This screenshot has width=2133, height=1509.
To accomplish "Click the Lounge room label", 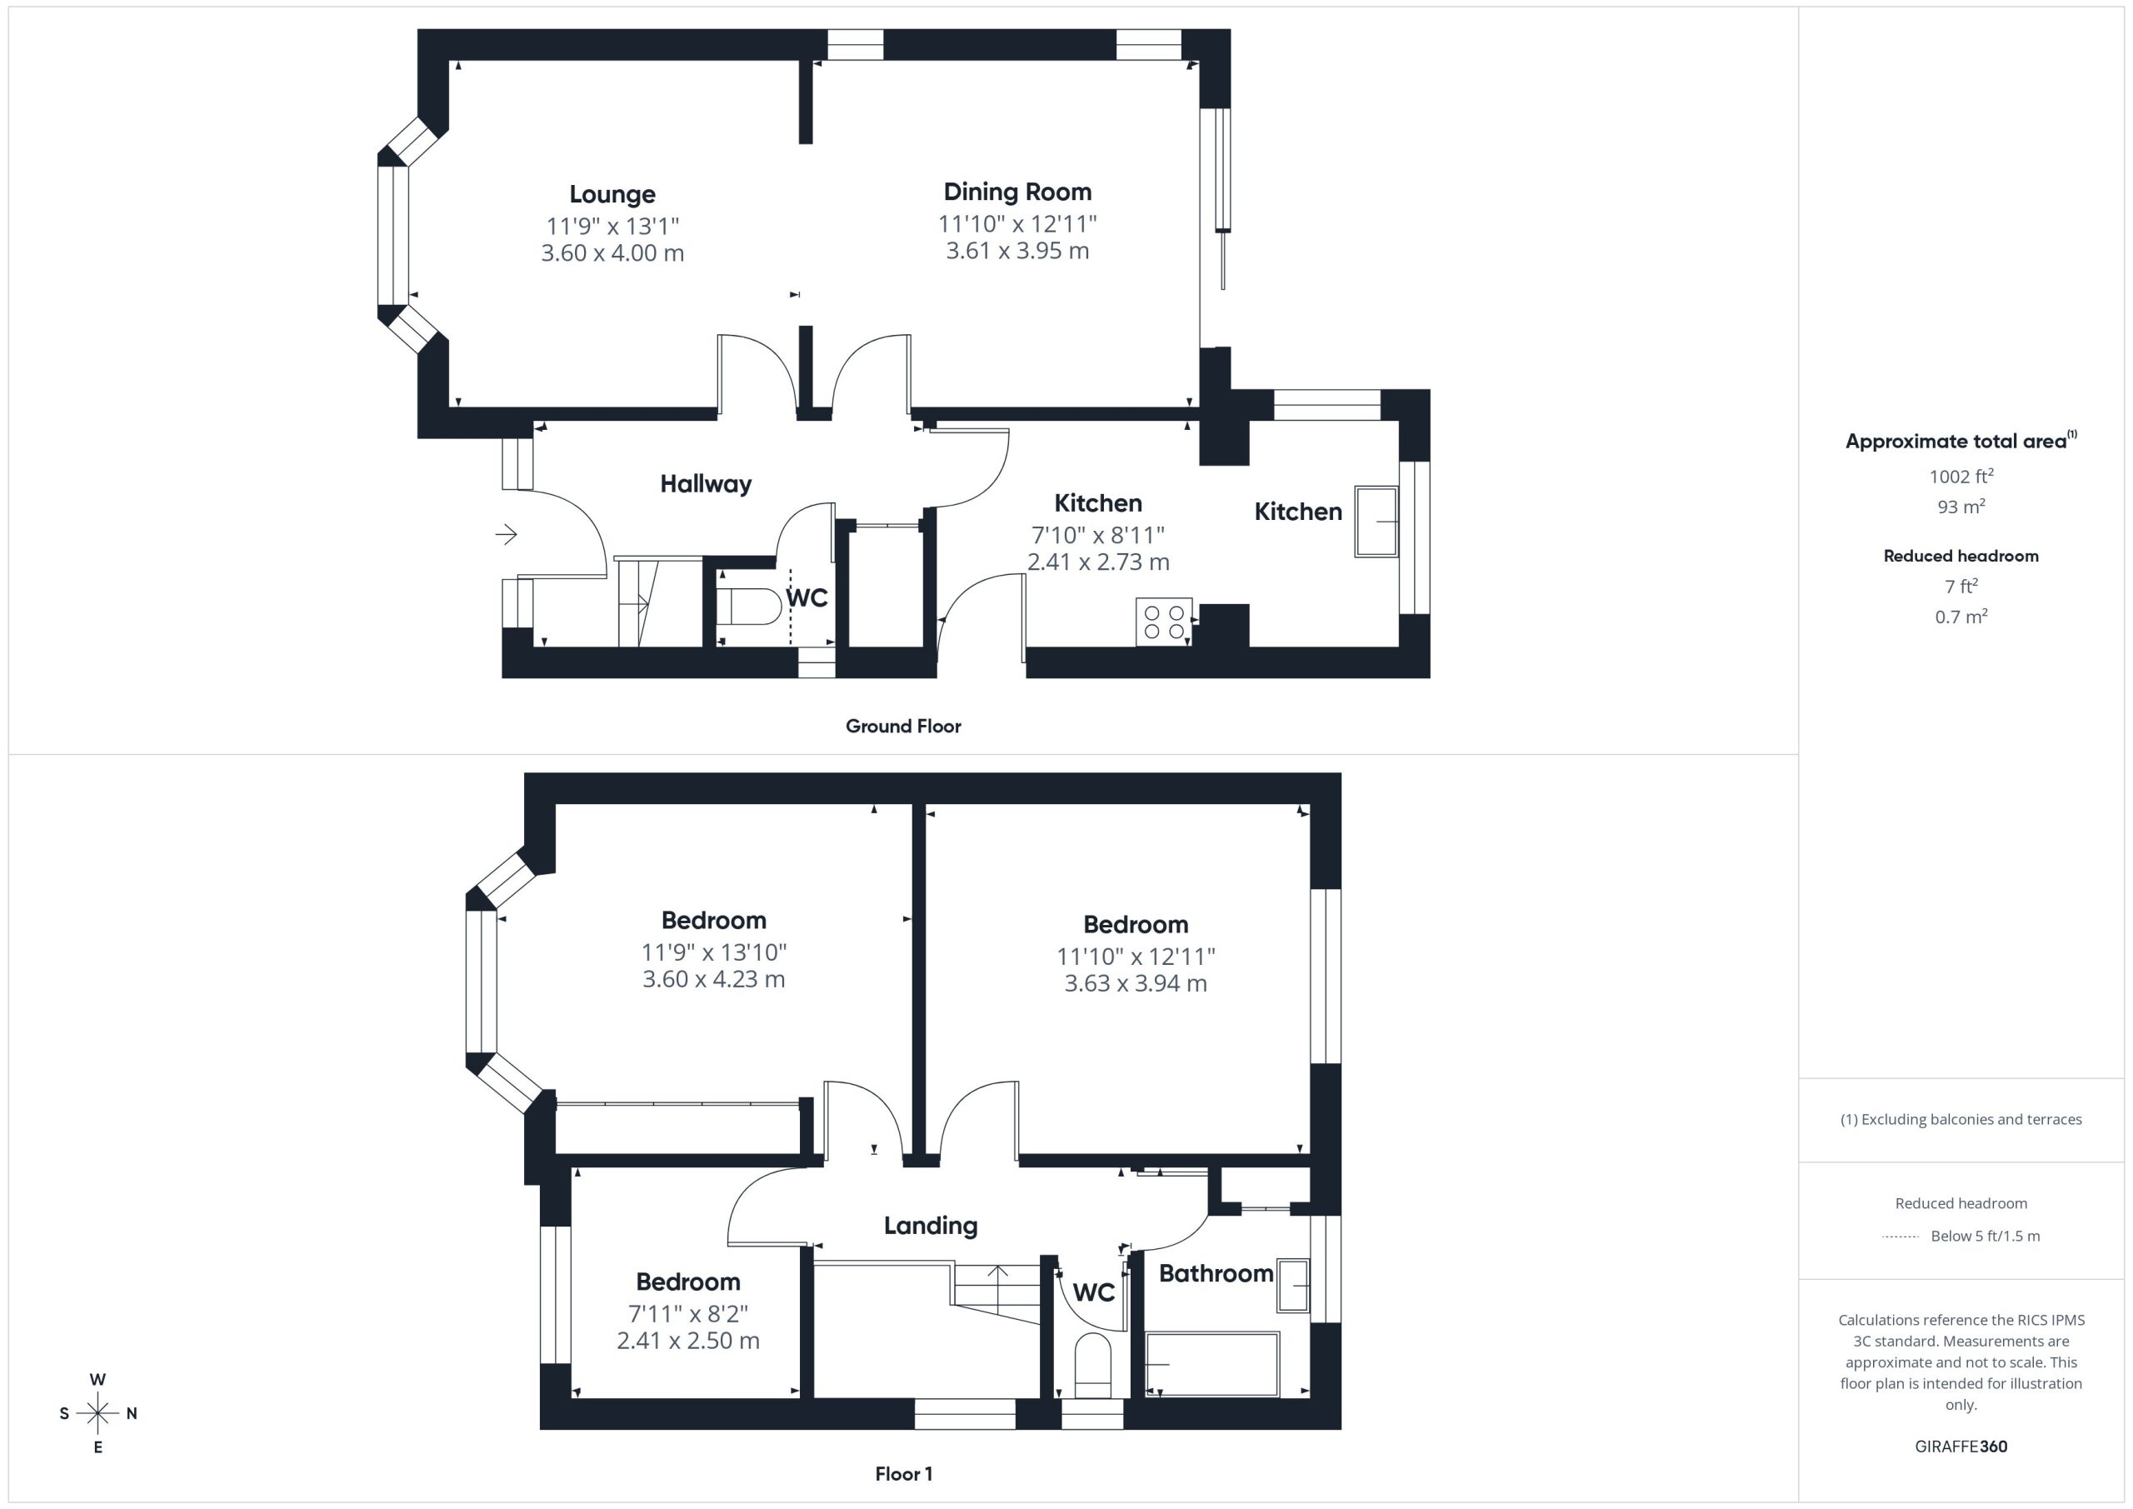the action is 612,194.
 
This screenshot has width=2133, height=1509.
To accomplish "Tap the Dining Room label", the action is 1017,192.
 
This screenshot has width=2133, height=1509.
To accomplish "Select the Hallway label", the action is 706,484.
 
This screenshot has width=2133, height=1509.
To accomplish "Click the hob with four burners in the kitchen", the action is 1164,622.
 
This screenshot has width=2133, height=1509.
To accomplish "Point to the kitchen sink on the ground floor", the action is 1376,522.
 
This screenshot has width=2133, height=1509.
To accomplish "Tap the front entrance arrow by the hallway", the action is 507,534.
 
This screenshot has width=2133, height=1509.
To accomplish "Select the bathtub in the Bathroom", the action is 1212,1364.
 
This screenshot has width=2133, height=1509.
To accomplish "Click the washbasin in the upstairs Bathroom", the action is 1293,1285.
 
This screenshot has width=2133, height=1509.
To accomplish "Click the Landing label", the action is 931,1227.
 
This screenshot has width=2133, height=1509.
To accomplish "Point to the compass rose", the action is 97,1413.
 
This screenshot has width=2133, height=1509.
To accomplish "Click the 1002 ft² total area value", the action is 1961,477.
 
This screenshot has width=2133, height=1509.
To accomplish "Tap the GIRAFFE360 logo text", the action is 1961,1447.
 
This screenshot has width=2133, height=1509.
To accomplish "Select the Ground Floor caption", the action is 903,727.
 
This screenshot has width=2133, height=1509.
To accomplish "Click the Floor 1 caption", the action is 903,1474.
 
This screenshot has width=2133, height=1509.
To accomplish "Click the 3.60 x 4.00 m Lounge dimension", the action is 612,252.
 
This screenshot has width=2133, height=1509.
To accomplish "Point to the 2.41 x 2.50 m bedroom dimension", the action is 688,1341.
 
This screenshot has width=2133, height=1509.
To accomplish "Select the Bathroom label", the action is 1216,1273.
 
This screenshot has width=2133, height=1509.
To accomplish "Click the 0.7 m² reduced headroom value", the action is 1961,617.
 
